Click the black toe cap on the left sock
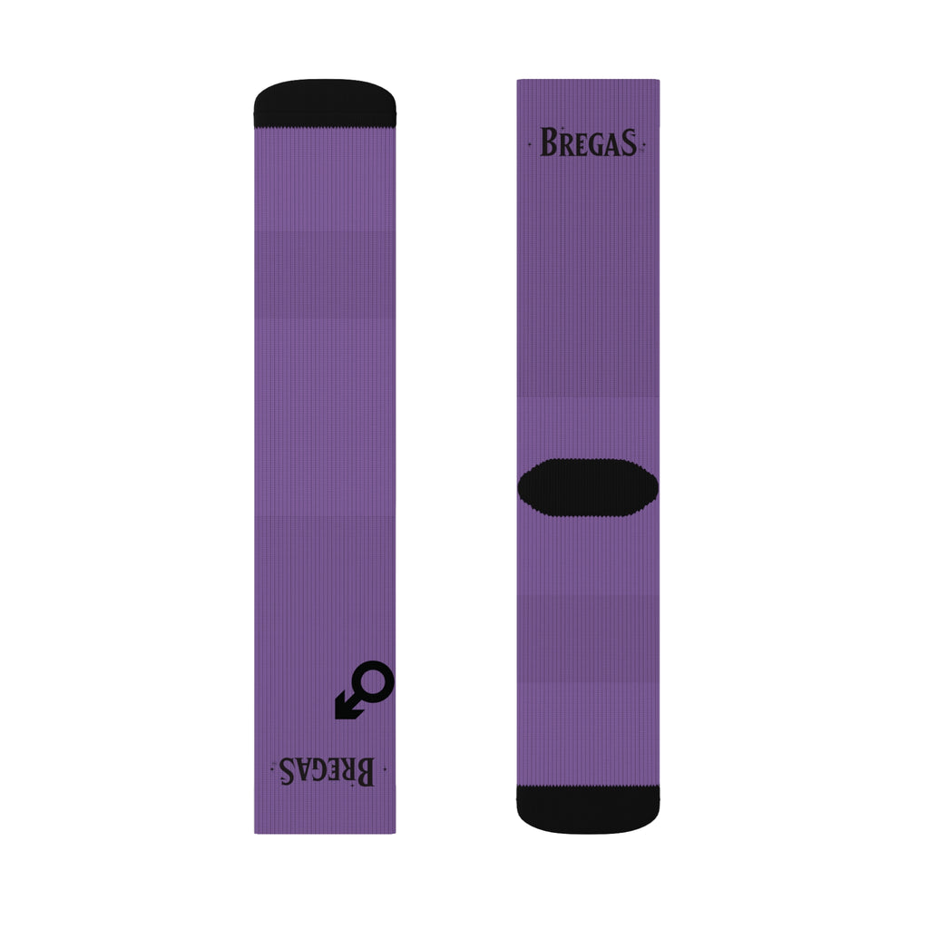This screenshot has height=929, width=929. coord(325,103)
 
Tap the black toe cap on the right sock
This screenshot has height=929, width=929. coord(588,809)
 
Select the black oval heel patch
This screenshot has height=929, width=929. coord(588,488)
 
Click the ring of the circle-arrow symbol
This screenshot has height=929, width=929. coord(375,681)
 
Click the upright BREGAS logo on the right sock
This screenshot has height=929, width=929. coord(588,143)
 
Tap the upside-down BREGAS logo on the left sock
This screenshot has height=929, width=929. coord(325,771)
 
